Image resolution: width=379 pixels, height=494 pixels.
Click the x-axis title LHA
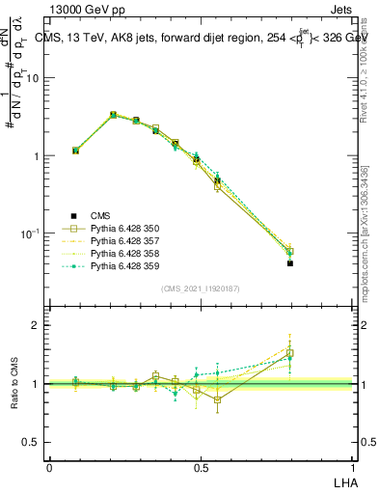(x=346, y=480)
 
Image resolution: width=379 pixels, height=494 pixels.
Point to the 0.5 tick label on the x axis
(x=201, y=467)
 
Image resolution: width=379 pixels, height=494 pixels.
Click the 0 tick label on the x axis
(x=49, y=467)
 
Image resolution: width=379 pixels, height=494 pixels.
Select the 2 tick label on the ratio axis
(x=38, y=325)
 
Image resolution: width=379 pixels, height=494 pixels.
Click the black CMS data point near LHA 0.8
(x=290, y=262)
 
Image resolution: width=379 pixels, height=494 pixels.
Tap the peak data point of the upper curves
(x=114, y=115)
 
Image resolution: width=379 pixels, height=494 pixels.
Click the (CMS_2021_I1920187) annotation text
(x=202, y=288)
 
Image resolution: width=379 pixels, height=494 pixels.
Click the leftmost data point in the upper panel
(x=75, y=151)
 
